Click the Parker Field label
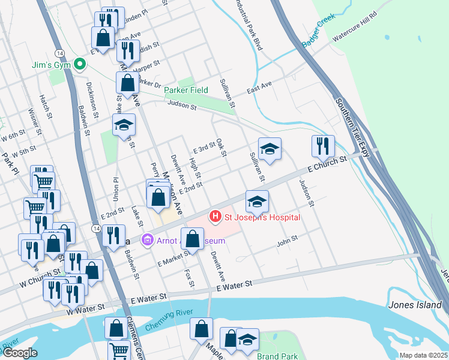pos(186,90)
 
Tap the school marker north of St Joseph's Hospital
pos(257,202)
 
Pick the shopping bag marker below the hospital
pos(192,239)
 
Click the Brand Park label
pos(277,356)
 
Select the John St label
pos(287,244)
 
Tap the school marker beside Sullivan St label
pos(270,150)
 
